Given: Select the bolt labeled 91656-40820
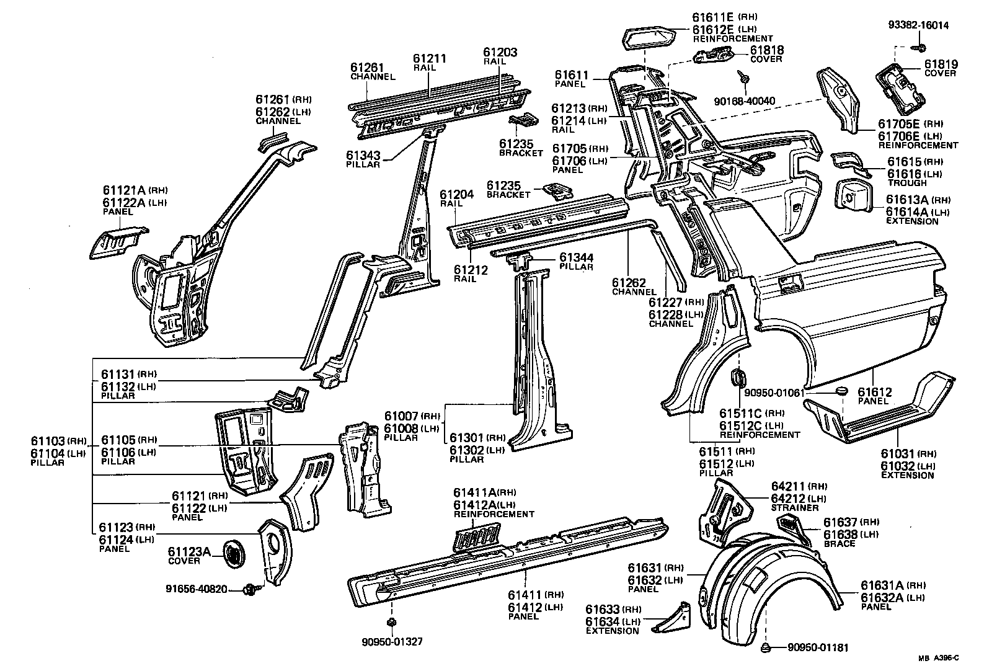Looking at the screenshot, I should click(x=250, y=588).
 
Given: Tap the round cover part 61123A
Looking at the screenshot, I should click(x=234, y=550).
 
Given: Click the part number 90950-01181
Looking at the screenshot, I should click(x=817, y=648).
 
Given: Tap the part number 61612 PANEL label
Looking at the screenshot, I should click(x=874, y=392).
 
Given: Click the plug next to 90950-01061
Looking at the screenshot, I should click(x=841, y=390).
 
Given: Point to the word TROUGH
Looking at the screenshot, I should click(x=906, y=183).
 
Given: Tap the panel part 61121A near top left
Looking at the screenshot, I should click(x=118, y=242).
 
